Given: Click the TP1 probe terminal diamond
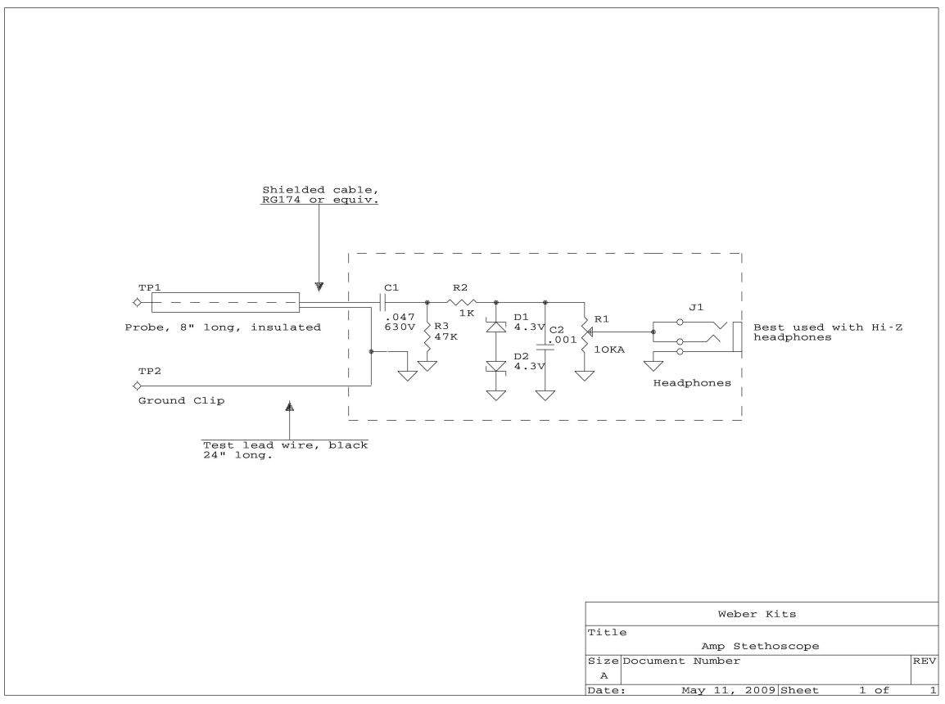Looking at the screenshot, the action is point(138,302).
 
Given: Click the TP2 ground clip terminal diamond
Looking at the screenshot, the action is point(138,386).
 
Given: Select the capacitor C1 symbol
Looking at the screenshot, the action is point(382,302).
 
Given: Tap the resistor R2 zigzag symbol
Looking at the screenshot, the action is point(462,302).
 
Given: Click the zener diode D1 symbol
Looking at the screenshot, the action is point(496,327).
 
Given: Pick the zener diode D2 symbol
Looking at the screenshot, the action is point(496,367).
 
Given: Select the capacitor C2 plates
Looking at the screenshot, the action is point(545,348).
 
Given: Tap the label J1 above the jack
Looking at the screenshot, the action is point(696,307).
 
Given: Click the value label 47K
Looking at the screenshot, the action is point(446,336).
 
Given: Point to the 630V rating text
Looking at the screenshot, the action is point(400,327).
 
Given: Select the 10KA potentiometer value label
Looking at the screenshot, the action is point(609,350).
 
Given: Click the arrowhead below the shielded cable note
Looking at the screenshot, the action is point(319,287).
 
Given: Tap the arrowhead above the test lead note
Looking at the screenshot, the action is point(289,406).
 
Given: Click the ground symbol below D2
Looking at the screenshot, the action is point(496,395).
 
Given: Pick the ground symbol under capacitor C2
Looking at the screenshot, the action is point(545,395).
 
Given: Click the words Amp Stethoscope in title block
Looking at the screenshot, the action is point(760,646).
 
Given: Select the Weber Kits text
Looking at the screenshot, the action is point(757,614).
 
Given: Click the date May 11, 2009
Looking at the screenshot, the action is point(728,690).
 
